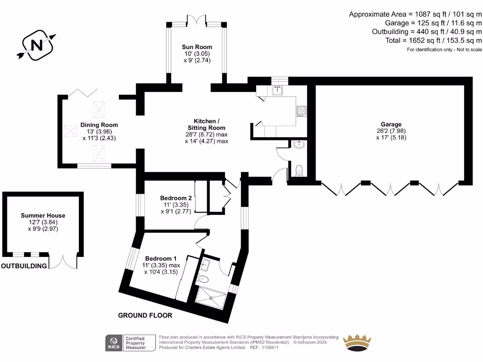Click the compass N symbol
36,45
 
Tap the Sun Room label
197,47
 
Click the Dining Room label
99,125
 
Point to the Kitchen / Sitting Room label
207,124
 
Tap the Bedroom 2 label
175,198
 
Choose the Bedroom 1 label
160,259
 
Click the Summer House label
43,215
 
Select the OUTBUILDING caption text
24,266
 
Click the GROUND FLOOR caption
145,315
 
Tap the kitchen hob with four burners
301,111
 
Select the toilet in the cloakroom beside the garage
299,170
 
